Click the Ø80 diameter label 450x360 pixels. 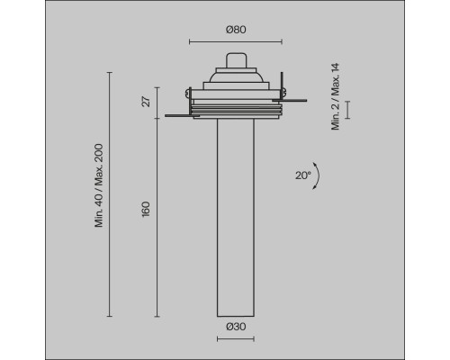[x=235, y=30]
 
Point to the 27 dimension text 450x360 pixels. [x=146, y=103]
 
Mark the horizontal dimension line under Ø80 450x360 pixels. [x=235, y=41]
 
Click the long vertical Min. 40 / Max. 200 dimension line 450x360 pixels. [x=110, y=194]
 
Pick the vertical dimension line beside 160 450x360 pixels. [x=157, y=216]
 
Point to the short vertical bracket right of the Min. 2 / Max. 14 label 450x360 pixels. [x=348, y=110]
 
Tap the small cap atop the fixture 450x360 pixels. [x=235, y=59]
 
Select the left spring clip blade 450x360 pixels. [x=178, y=115]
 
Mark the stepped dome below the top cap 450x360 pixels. [x=235, y=79]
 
